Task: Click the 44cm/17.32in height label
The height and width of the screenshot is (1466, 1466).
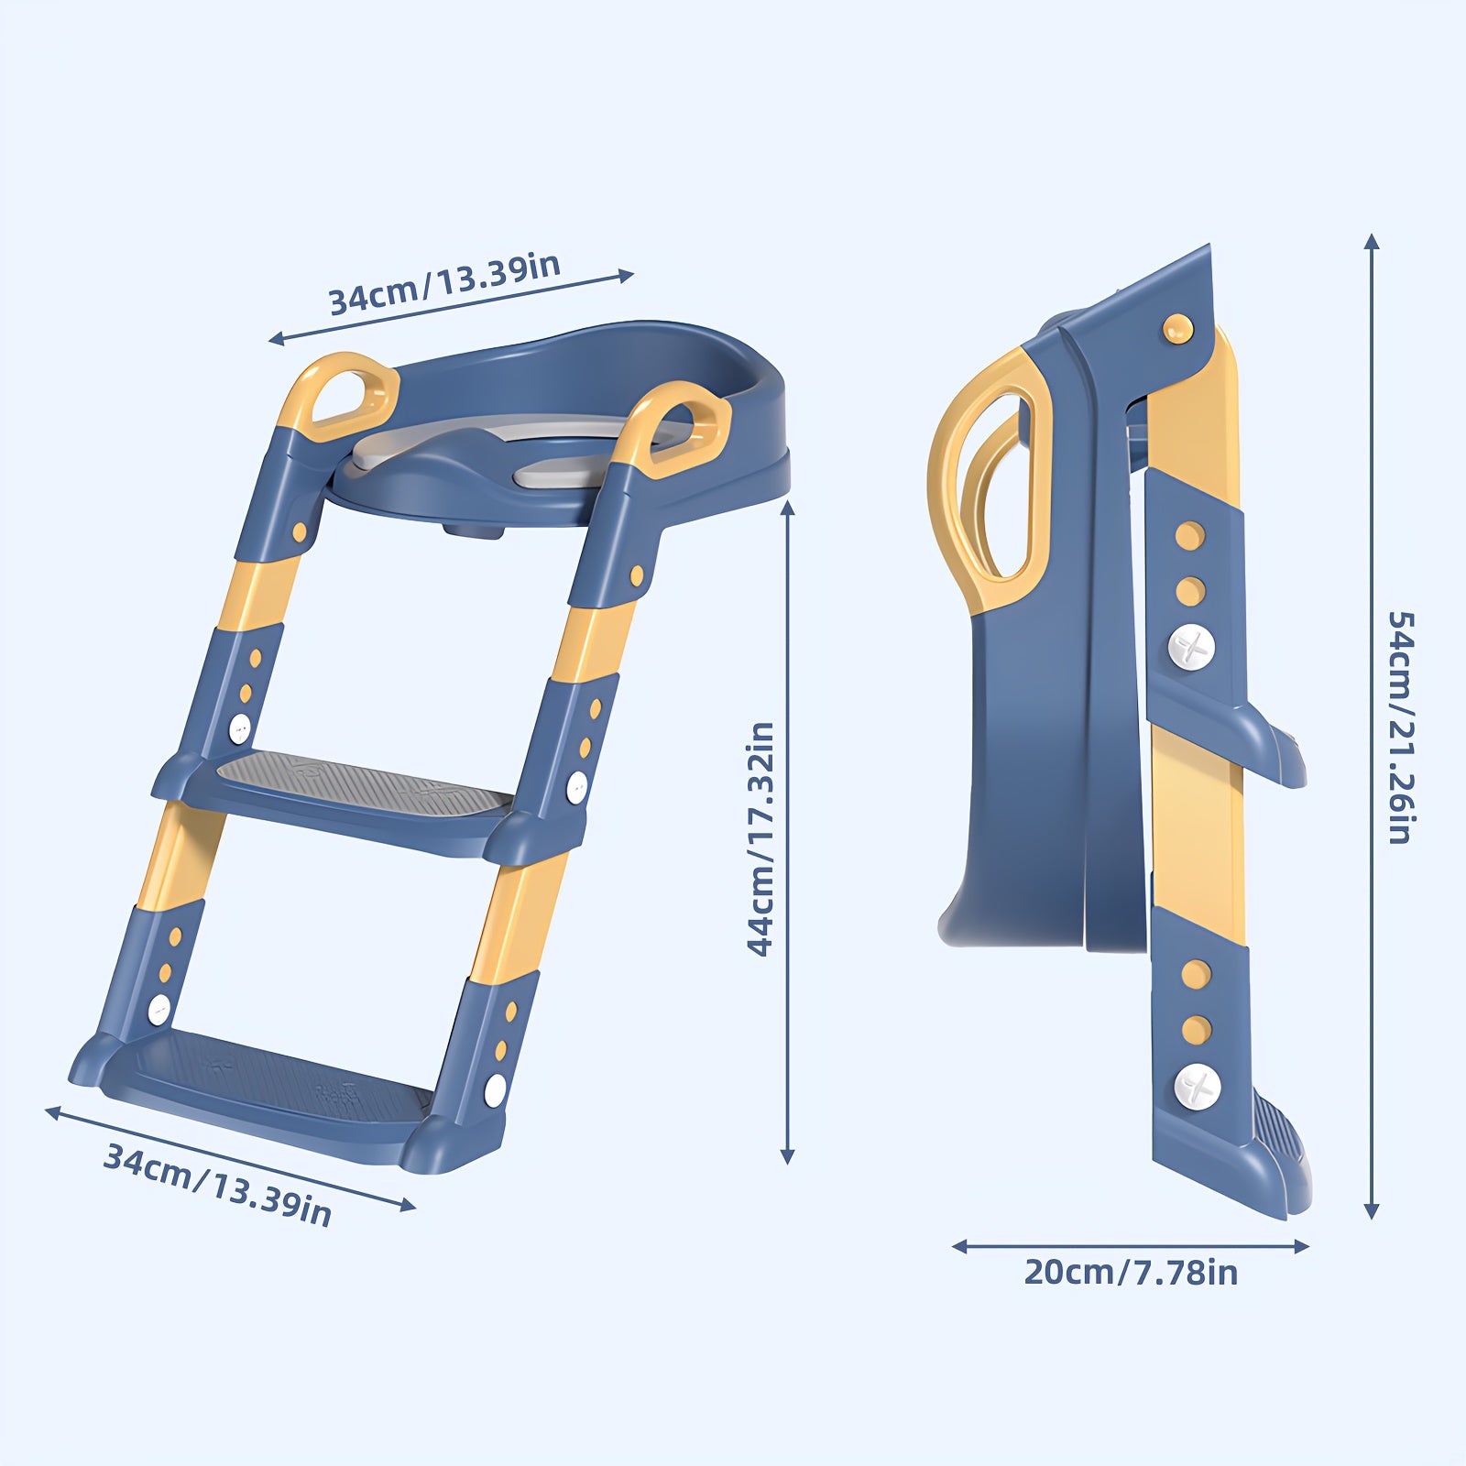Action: (761, 838)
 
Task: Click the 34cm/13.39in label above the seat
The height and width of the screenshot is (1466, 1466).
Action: (444, 283)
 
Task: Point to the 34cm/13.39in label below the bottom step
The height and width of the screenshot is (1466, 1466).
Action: (217, 1183)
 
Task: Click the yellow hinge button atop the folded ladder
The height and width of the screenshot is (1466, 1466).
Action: (1176, 327)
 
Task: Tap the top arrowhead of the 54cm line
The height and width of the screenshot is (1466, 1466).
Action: (1371, 244)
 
